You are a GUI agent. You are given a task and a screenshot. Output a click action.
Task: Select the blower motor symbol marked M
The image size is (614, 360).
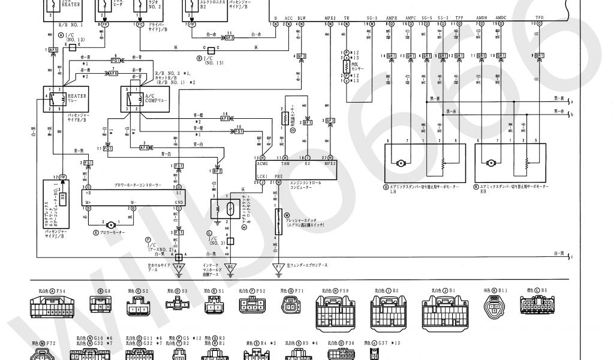110,224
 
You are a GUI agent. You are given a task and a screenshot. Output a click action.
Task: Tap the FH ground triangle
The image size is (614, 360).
178,268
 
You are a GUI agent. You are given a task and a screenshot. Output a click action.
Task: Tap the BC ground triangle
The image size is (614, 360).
230,268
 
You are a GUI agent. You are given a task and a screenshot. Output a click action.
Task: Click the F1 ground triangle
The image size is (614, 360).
278,268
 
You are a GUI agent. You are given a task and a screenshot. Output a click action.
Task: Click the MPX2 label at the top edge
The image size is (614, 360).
330,19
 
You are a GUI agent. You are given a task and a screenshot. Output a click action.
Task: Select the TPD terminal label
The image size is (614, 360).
540,19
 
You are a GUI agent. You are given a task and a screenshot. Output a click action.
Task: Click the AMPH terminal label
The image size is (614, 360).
391,19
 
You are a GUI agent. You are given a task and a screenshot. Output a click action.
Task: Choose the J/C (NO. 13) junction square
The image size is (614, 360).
71,46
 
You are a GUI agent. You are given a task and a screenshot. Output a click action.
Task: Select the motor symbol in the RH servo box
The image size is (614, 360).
490,162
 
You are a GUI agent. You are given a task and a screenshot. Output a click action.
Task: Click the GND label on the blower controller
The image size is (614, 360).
179,202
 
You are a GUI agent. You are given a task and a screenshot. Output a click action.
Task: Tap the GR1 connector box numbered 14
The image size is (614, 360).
392,56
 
